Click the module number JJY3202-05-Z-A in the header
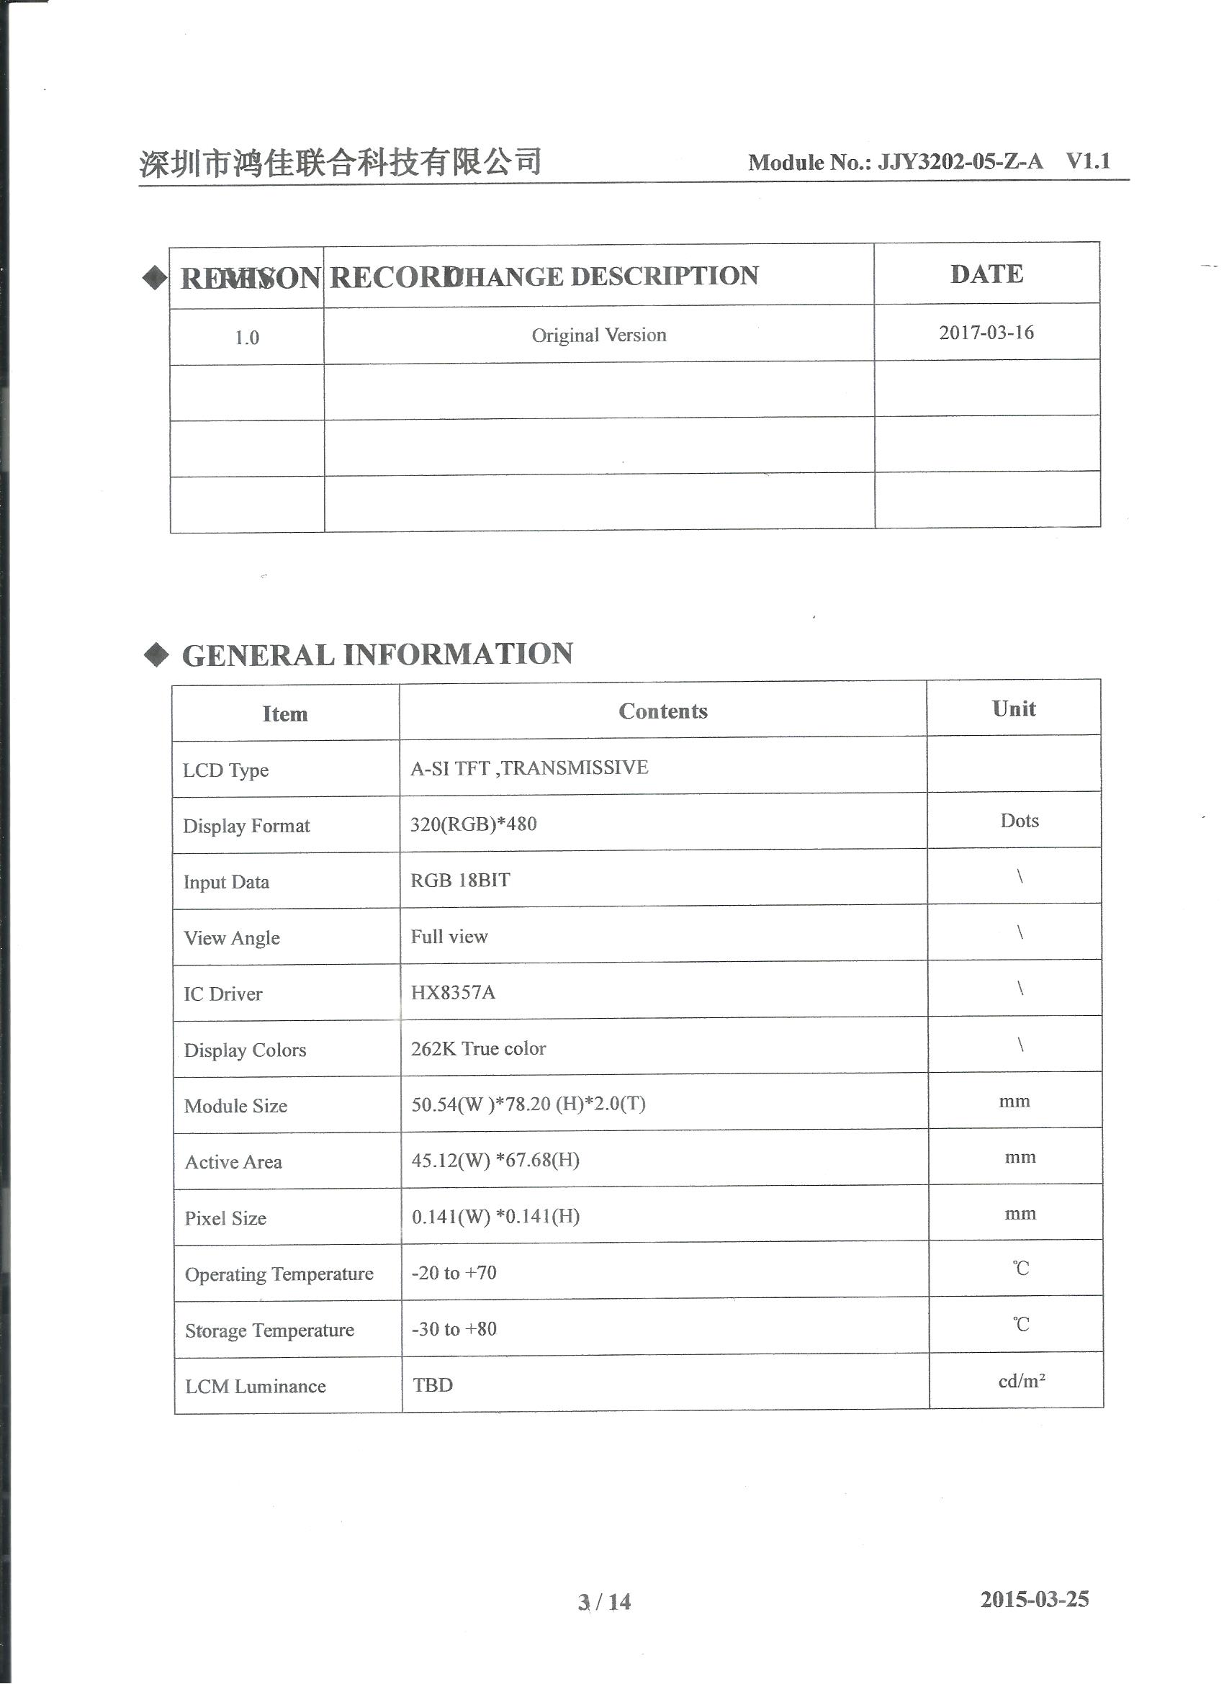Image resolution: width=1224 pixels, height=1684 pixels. click(960, 162)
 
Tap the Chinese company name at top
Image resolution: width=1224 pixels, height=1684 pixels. click(340, 162)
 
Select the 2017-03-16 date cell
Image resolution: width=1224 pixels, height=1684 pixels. click(986, 333)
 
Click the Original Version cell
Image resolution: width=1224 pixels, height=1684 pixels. click(598, 336)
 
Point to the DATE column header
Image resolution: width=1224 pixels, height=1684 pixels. click(986, 275)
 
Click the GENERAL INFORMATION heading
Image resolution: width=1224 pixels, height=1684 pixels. click(377, 655)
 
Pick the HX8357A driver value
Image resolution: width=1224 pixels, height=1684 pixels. click(452, 993)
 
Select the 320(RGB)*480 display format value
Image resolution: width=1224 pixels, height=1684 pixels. click(473, 824)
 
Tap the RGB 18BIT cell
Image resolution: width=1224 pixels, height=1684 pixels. click(460, 881)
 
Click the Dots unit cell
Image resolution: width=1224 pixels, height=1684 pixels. click(1019, 821)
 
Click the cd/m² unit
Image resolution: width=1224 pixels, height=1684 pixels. click(1021, 1381)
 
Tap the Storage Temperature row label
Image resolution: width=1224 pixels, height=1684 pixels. click(269, 1330)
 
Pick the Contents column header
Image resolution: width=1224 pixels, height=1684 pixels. click(662, 711)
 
